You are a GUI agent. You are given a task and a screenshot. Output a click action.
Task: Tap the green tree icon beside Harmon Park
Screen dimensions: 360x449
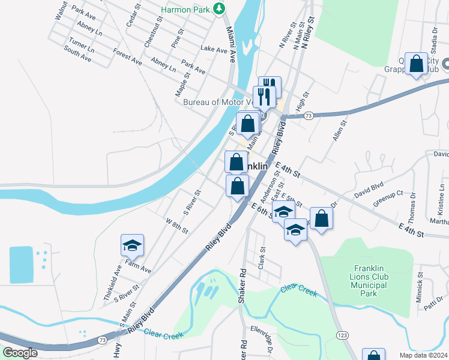coord(221,8)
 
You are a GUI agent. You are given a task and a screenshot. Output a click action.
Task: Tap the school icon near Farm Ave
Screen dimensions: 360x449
coord(132,246)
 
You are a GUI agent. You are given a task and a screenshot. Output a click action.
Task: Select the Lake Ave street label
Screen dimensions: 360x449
coord(214,49)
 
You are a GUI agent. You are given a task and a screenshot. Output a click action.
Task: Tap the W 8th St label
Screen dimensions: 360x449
coord(177,226)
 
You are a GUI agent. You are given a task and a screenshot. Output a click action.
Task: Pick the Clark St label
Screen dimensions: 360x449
coord(261,257)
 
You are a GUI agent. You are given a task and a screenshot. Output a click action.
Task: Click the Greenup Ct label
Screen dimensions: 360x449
coord(389,198)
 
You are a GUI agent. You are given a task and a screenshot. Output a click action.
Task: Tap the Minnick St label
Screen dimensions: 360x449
coord(421,287)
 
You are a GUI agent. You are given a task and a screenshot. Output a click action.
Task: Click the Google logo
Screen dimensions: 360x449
coord(20,353)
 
